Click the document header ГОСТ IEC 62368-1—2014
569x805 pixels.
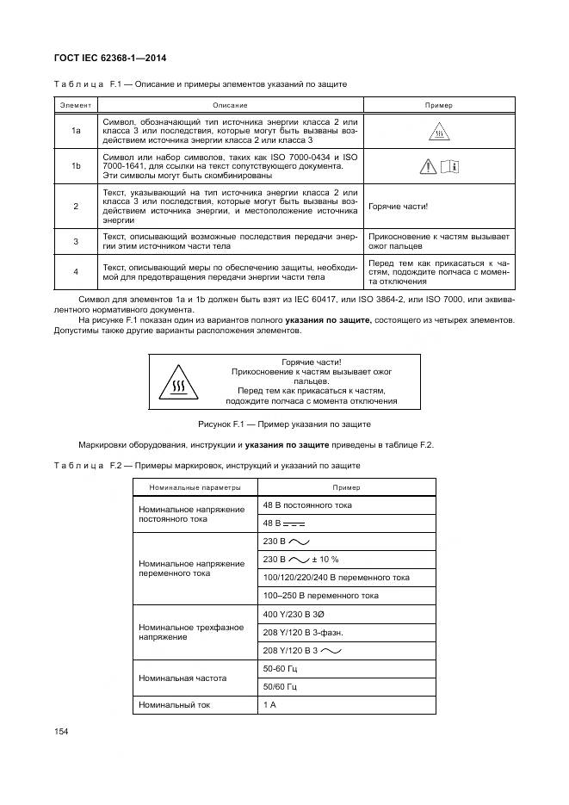pos(111,59)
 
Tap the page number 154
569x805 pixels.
pos(61,731)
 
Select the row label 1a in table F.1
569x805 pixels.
pos(76,130)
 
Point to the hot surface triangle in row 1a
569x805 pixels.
pos(439,132)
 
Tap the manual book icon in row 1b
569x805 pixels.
pos(450,167)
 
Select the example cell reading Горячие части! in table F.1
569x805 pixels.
pos(398,207)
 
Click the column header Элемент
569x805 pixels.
pos(76,105)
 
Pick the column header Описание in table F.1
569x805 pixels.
pos(231,105)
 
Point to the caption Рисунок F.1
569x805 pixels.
pos(284,424)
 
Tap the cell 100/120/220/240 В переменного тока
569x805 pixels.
pos(336,577)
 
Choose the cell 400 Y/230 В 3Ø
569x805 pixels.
pos(294,614)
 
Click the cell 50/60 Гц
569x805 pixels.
pos(280,686)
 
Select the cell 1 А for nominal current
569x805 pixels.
pos(269,705)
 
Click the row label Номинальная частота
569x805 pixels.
pos(176,678)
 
